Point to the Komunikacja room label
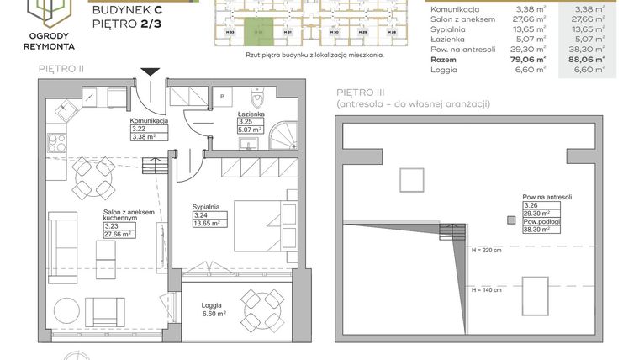(149, 121)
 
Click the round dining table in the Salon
(89, 178)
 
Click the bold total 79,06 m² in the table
(530, 60)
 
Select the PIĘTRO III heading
(364, 91)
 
